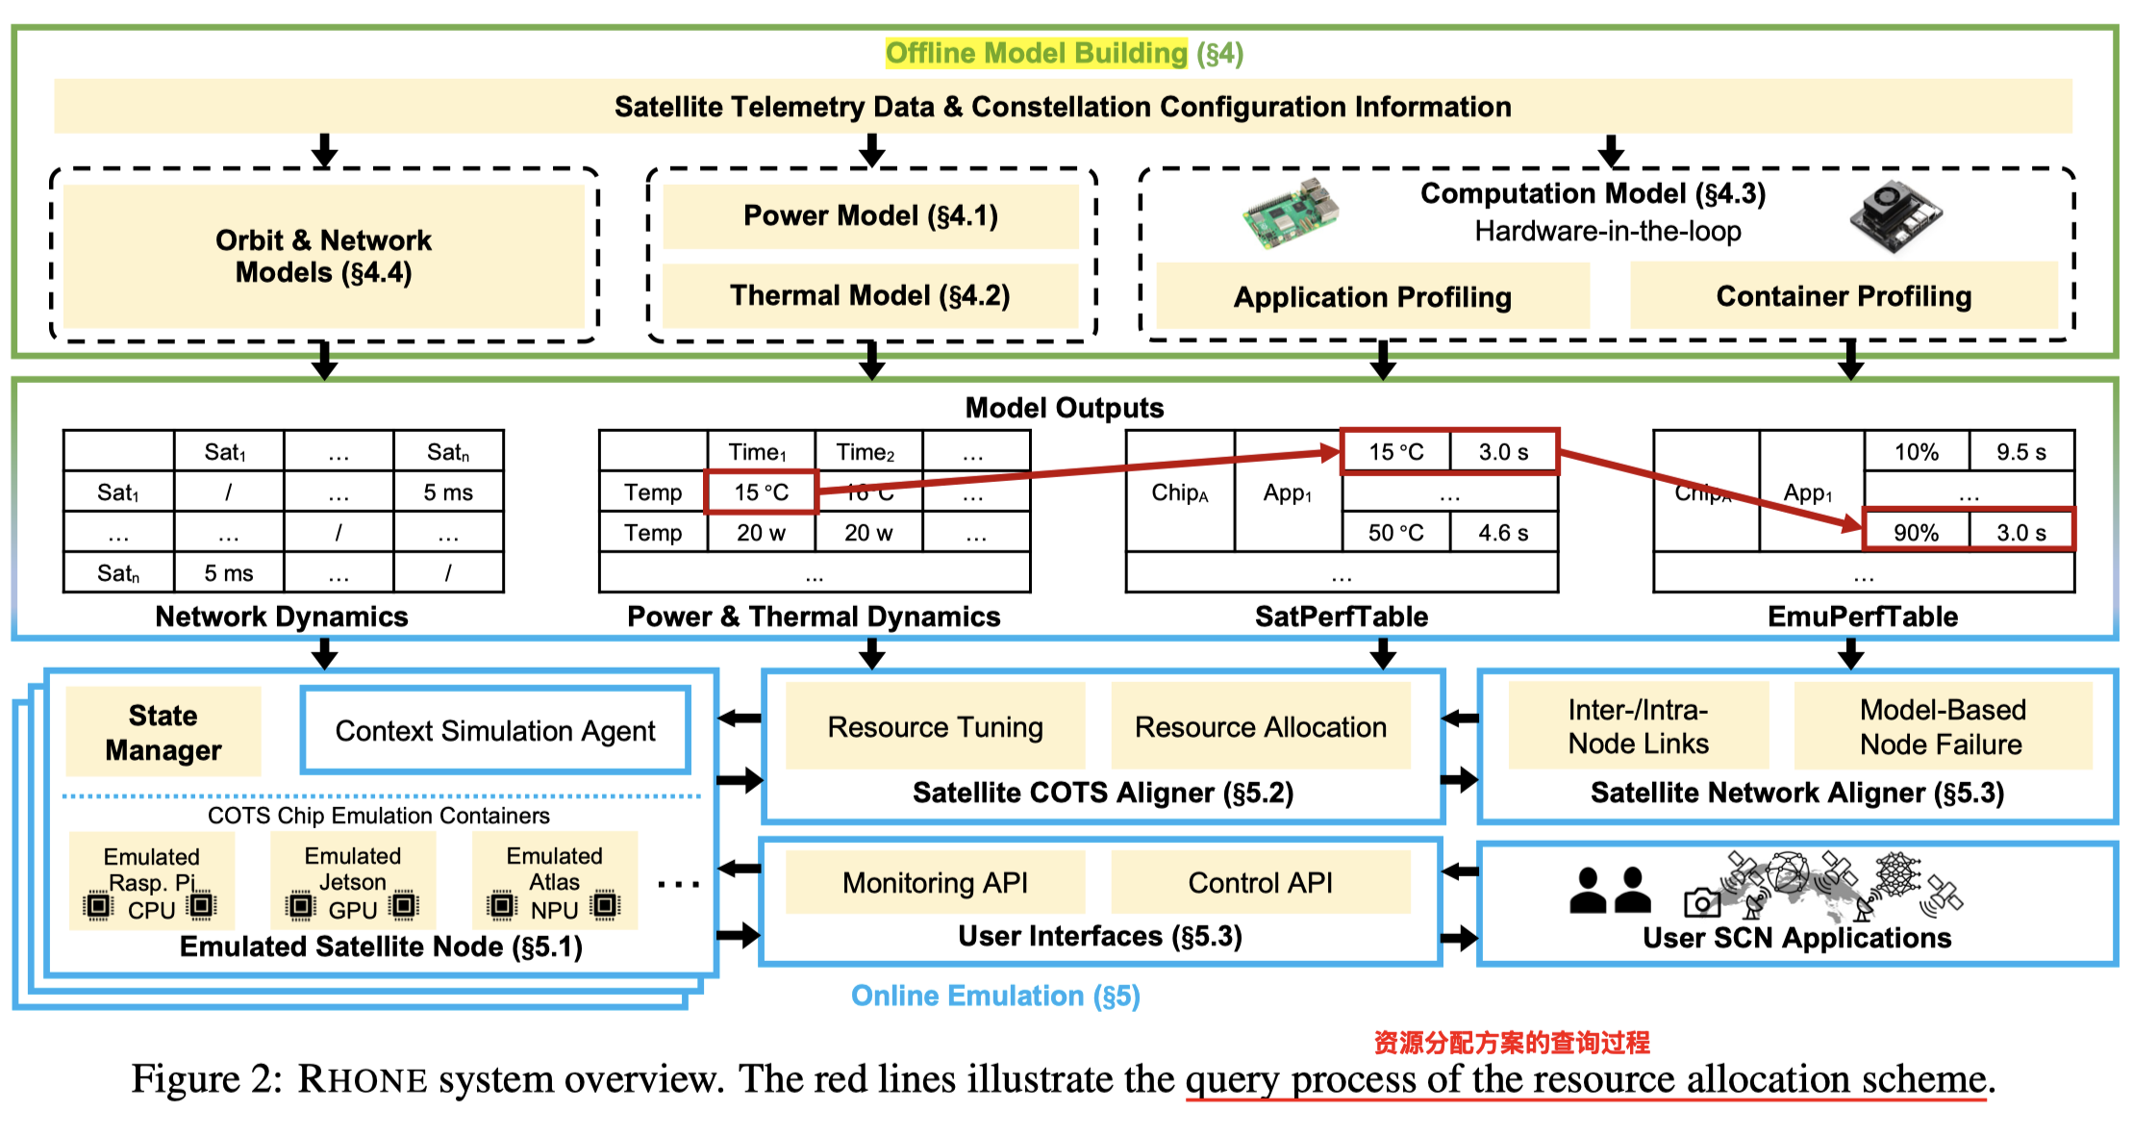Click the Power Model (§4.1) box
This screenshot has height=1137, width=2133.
[x=870, y=215]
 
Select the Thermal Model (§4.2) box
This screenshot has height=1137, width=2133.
[x=870, y=295]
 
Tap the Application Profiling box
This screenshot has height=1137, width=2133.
[x=1372, y=297]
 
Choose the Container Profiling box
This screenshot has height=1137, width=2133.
[x=1844, y=296]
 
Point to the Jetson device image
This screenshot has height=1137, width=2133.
[x=1895, y=215]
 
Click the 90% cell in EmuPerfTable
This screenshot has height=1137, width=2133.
[x=1916, y=532]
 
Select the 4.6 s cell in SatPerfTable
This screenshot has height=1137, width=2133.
[x=1503, y=532]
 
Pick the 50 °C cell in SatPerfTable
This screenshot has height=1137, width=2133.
[x=1395, y=532]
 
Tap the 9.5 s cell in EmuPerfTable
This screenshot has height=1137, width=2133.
[x=2020, y=452]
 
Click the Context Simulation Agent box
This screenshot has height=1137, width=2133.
[x=495, y=731]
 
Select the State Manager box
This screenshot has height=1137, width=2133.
[x=163, y=732]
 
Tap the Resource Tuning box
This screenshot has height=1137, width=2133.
[x=935, y=727]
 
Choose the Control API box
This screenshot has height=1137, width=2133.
[x=1261, y=882]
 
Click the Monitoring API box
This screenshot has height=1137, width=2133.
[x=935, y=882]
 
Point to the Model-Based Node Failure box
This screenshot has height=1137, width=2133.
[x=1942, y=727]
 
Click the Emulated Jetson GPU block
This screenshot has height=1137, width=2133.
[x=353, y=882]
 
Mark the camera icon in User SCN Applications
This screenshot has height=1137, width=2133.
[x=1701, y=903]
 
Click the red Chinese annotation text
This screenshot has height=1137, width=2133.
[x=1511, y=1042]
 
